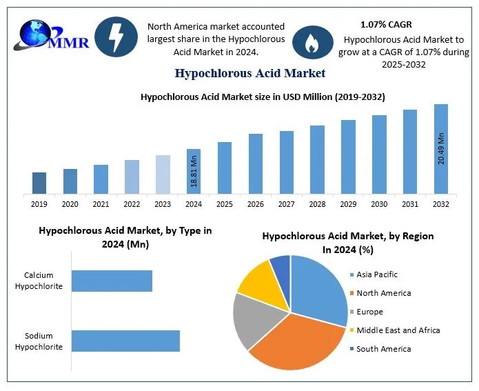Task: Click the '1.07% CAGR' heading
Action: [386, 25]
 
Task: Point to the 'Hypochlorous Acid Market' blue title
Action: [250, 72]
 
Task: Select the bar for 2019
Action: [39, 183]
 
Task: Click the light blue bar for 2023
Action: [163, 174]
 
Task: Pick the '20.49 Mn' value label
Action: [441, 145]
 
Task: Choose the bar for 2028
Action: [317, 159]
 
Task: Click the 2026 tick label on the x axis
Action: [256, 205]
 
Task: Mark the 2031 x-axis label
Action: [410, 205]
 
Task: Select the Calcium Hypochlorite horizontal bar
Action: [112, 281]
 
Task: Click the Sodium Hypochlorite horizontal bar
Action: [125, 341]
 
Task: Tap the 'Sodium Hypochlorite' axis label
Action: [39, 341]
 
